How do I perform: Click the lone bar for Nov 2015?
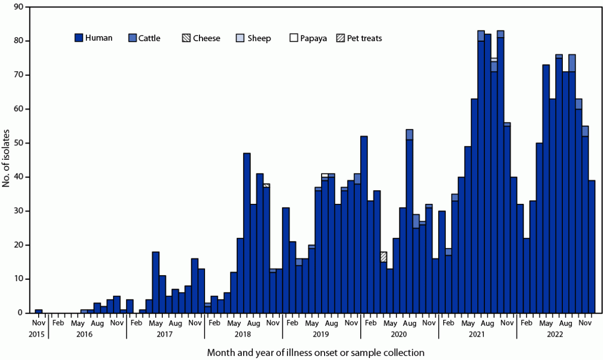[39, 311]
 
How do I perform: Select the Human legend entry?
[94, 38]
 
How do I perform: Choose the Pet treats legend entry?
[359, 38]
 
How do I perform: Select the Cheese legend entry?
[201, 38]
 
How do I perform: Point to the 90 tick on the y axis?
[18, 7]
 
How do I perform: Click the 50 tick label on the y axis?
[18, 143]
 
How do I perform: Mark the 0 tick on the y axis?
[20, 313]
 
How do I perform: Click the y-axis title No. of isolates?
[6, 160]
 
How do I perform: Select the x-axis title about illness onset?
[315, 352]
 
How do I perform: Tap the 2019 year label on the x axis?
[321, 334]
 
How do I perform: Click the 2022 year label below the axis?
[555, 334]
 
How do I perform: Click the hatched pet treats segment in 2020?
[383, 257]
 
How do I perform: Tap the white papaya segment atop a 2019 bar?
[325, 175]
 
